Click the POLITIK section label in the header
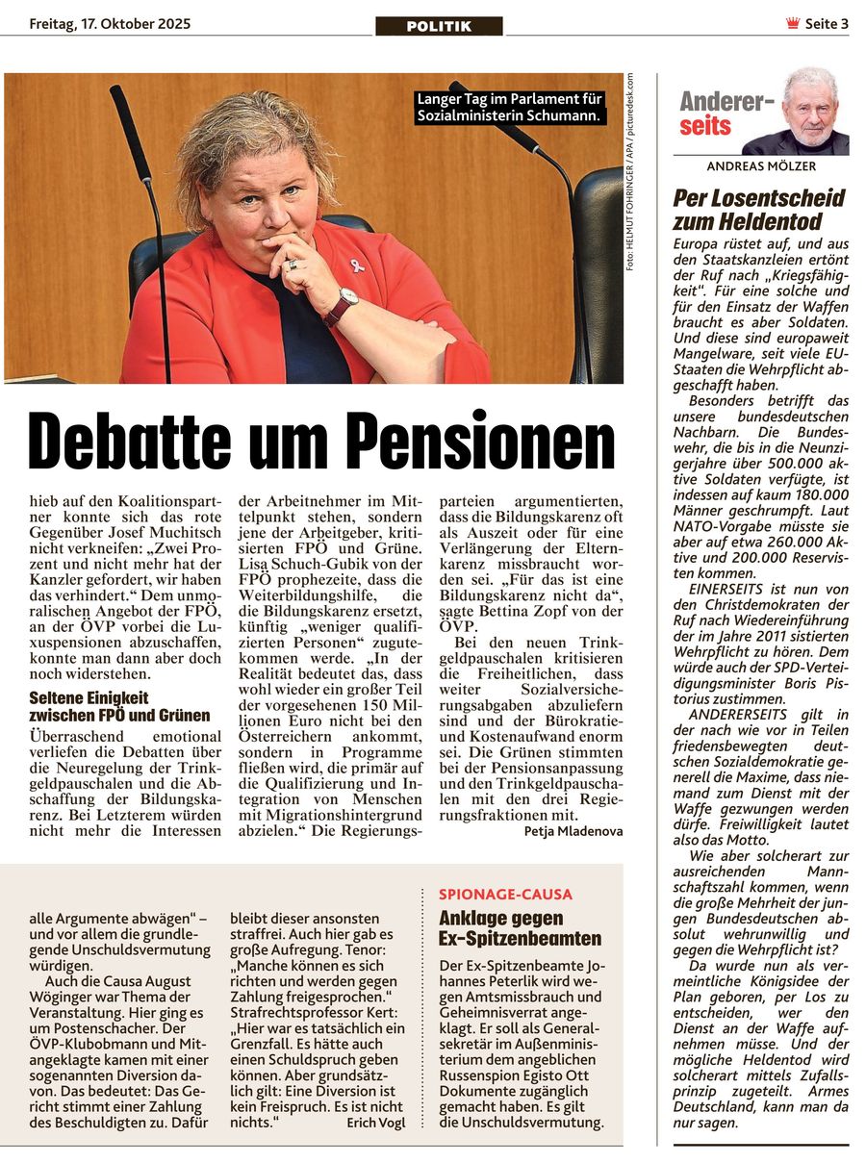pyautogui.click(x=439, y=27)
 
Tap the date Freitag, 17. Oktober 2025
pyautogui.click(x=110, y=24)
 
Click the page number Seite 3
pyautogui.click(x=827, y=24)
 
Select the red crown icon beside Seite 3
pyautogui.click(x=793, y=24)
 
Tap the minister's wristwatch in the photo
pyautogui.click(x=342, y=306)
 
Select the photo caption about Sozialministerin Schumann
pyautogui.click(x=509, y=107)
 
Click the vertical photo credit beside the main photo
pyautogui.click(x=631, y=173)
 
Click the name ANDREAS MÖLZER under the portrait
pyautogui.click(x=761, y=166)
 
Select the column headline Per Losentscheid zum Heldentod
pyautogui.click(x=759, y=210)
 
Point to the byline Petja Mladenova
pyautogui.click(x=573, y=831)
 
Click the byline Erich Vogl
pyautogui.click(x=375, y=1122)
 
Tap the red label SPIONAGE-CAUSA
pyautogui.click(x=505, y=895)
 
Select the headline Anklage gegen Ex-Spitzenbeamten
pyautogui.click(x=520, y=928)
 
